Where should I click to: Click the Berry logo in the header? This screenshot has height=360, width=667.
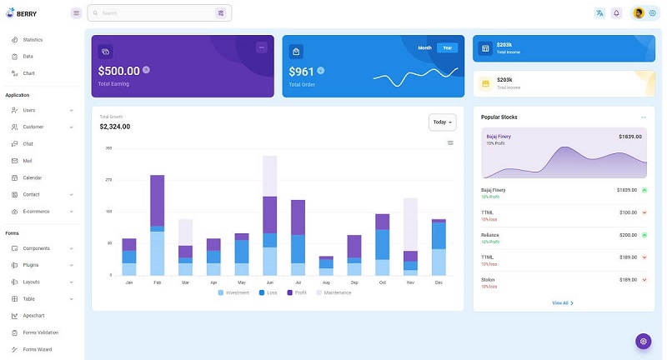point(21,13)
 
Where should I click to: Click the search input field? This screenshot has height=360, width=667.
point(154,13)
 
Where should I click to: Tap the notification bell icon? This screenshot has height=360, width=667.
point(616,13)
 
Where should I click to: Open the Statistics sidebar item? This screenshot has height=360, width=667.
point(33,40)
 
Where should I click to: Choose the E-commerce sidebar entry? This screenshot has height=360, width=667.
point(36,212)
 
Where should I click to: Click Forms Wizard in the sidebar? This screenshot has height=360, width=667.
point(38,349)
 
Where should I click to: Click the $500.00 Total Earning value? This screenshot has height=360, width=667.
point(119,72)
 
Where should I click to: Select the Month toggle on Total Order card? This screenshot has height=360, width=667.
point(425,47)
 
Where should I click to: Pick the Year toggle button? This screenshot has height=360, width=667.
point(448,47)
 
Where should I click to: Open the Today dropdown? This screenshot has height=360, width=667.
point(442,122)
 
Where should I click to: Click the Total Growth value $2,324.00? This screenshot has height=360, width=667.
point(115,127)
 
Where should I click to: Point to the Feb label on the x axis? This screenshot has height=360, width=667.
point(157,282)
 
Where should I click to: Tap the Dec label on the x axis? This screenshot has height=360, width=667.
point(439,282)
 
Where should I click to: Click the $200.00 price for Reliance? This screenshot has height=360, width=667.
point(628,235)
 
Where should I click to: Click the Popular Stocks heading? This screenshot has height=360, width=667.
point(499,117)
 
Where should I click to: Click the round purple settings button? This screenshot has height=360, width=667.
point(643,341)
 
